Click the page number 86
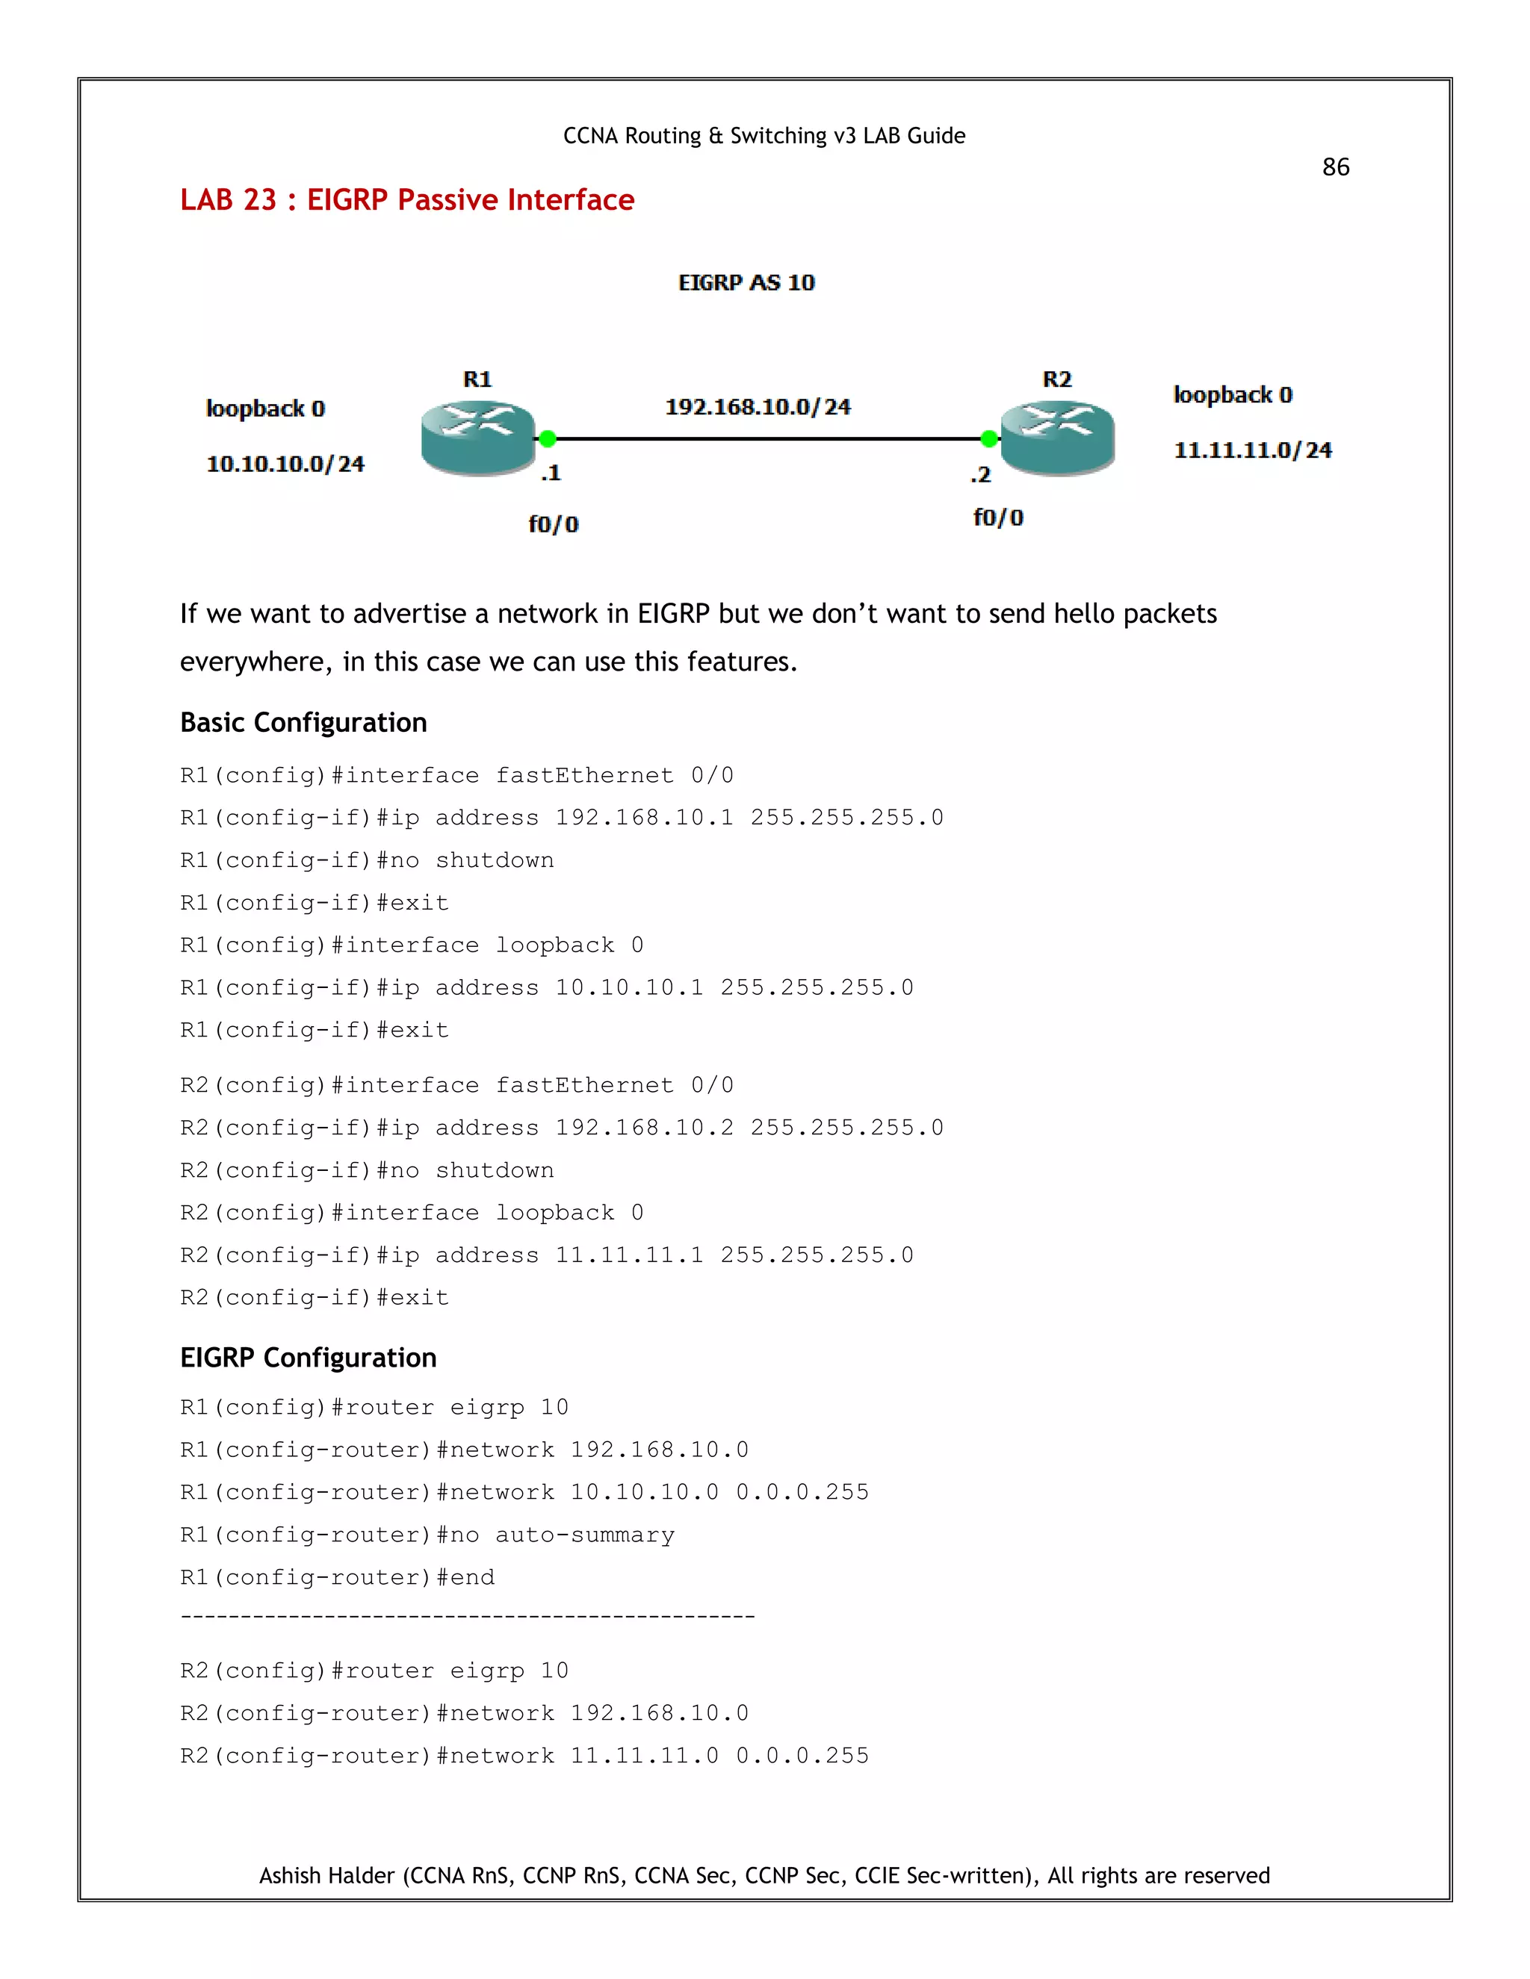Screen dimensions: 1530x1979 (1335, 167)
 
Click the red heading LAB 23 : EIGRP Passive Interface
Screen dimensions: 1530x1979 (407, 199)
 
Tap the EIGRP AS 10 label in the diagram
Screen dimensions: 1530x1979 (746, 283)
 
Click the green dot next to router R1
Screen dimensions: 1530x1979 (548, 438)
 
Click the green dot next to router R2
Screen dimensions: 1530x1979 (989, 438)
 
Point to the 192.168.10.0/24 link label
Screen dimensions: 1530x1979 (758, 407)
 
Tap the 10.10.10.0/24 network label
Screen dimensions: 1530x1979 (285, 464)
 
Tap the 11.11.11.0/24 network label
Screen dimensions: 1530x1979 (1253, 450)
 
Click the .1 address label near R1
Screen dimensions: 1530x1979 (551, 472)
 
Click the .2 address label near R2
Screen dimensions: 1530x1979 (980, 475)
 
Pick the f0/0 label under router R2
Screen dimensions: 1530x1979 (998, 518)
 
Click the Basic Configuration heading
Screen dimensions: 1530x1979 (303, 722)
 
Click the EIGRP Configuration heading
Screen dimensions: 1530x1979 (309, 1358)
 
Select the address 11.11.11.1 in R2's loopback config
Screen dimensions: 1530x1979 (629, 1255)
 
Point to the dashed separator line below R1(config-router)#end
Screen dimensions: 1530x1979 (467, 1618)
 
